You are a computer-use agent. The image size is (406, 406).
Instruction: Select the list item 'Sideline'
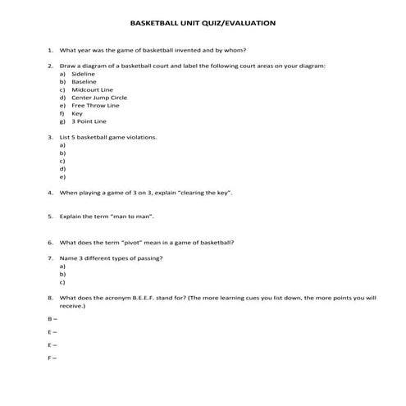tap(83, 74)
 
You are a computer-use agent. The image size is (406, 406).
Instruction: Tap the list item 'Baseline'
tap(84, 82)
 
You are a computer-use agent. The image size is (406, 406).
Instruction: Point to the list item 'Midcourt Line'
tap(92, 89)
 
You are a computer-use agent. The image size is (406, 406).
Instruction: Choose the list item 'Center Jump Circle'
tap(99, 98)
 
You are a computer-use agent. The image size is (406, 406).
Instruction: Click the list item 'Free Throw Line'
tap(95, 105)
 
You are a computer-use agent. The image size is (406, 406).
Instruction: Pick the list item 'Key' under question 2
tap(77, 113)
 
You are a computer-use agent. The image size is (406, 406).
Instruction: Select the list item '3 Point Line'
tap(89, 121)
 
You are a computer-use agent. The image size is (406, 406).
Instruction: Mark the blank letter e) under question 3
tap(62, 176)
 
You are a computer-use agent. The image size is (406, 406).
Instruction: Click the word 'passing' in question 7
tap(148, 259)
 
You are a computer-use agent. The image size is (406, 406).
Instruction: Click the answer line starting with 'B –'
tap(52, 317)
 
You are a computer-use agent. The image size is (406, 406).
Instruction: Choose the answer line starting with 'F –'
tap(52, 359)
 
